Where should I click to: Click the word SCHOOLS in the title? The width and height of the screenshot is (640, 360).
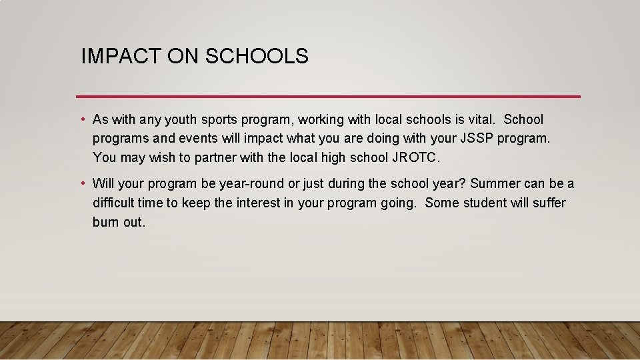coord(257,57)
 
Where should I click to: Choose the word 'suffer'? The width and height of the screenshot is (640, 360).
coord(549,202)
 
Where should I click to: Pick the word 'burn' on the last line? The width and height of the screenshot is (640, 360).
coord(106,222)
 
